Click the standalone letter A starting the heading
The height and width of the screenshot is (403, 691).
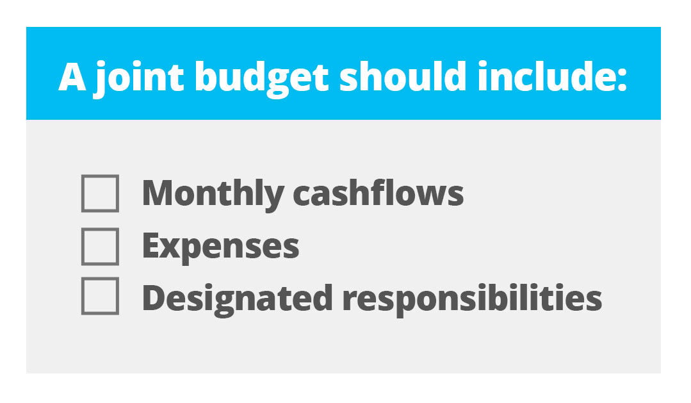[72, 77]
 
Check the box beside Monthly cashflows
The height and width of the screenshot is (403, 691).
[100, 193]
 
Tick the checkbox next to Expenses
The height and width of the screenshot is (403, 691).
[100, 246]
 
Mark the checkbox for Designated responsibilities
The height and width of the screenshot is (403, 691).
[100, 296]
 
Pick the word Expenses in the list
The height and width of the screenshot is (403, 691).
[220, 247]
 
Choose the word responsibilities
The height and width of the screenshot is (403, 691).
[471, 298]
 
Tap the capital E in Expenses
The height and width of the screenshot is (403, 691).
[150, 245]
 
